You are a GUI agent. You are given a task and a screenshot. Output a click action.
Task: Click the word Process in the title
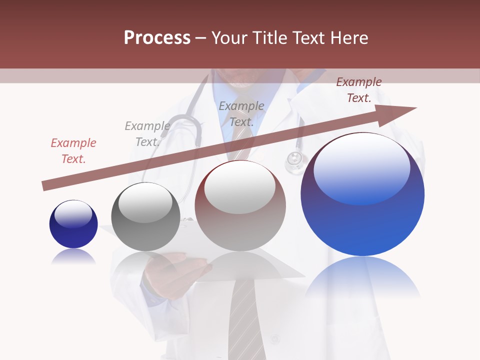157,38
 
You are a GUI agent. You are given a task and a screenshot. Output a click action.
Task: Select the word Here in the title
348,38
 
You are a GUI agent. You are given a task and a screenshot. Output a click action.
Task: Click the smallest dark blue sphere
73,224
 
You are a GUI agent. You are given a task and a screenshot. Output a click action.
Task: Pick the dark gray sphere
145,216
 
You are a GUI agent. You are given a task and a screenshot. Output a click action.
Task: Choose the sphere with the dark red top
240,205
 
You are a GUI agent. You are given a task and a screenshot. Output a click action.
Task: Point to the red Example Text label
73,151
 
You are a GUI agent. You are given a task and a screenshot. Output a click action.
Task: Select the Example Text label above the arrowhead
358,90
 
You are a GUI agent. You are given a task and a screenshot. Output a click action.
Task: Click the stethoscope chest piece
294,161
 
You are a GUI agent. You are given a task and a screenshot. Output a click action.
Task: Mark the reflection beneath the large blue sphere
362,277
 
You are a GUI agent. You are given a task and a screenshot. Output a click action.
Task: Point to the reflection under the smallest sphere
73,257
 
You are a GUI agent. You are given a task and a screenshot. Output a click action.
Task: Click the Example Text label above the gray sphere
147,134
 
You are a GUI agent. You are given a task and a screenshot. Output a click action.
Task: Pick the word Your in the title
228,38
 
